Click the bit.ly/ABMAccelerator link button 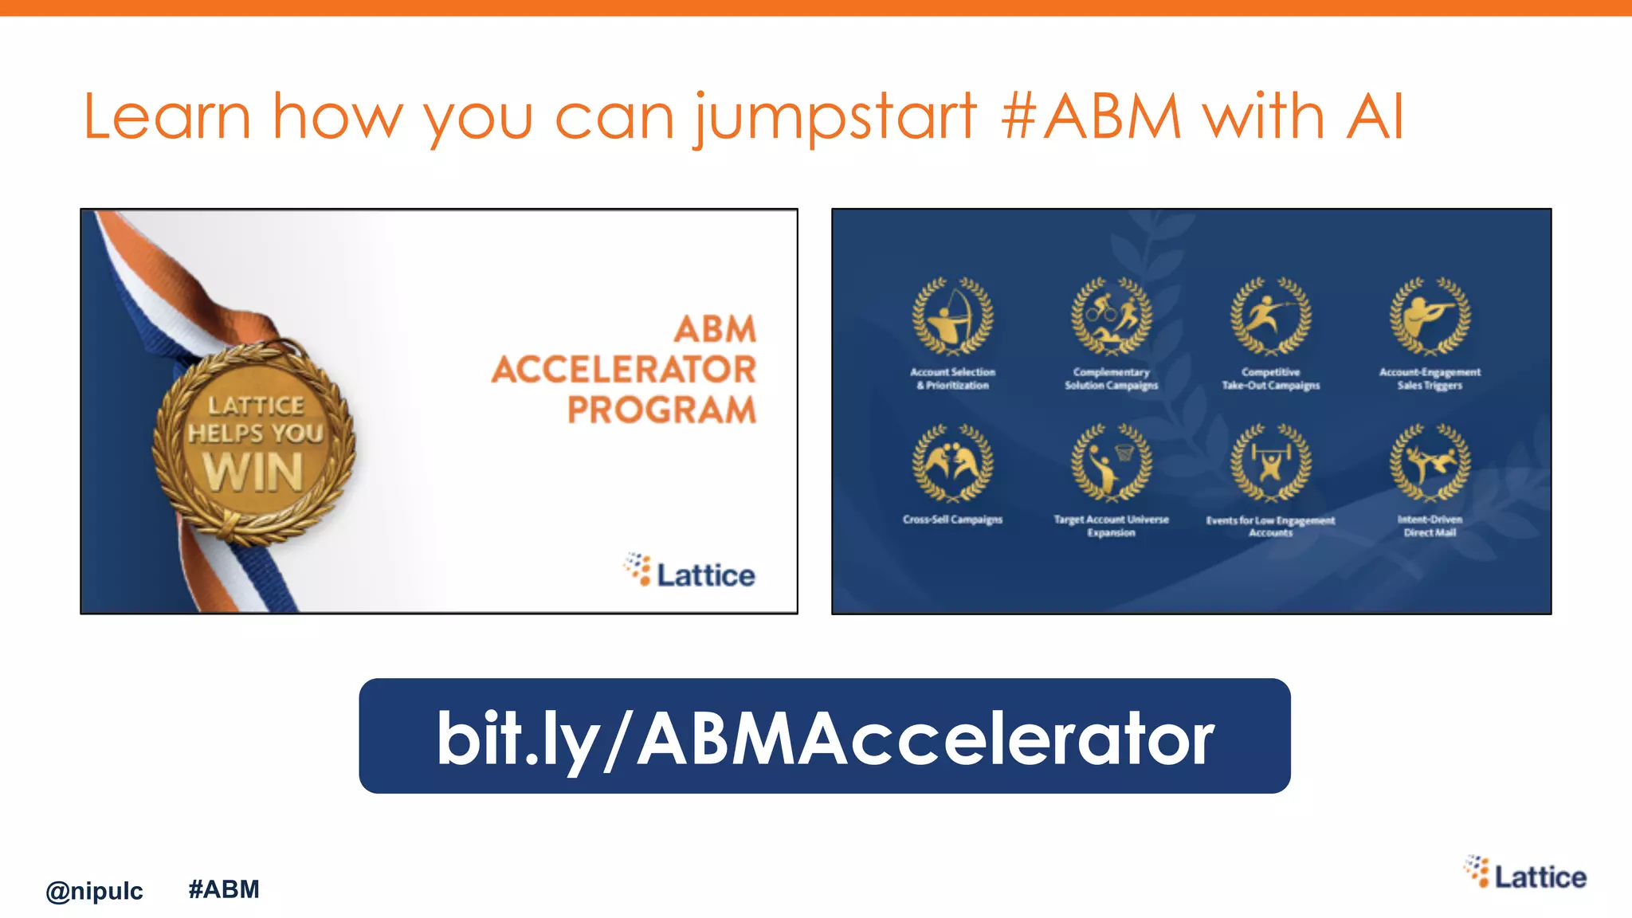[x=824, y=736]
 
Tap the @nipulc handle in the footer [x=94, y=891]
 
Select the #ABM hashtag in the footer [x=224, y=889]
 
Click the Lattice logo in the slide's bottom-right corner [x=1525, y=874]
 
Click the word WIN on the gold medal [x=253, y=472]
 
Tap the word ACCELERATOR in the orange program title [x=624, y=370]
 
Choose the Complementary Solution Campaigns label [x=1111, y=379]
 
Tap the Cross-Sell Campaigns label [x=952, y=520]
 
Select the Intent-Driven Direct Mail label [x=1430, y=526]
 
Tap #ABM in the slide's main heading [x=1091, y=117]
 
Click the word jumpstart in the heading [x=834, y=117]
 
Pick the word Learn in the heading [x=167, y=117]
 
